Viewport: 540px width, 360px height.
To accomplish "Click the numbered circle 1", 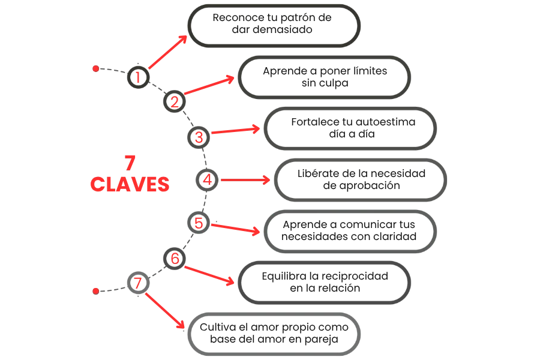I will pos(138,77).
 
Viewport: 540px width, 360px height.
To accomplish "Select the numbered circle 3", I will pos(199,137).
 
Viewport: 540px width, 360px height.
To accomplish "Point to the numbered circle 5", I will pos(199,223).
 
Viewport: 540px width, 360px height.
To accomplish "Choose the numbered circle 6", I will pos(175,259).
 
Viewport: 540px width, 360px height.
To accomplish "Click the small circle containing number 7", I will pos(138,283).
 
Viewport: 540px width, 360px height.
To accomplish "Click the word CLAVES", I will pos(130,184).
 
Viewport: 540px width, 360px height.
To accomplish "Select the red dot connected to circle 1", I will pos(95,69).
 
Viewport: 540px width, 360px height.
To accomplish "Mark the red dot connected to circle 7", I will pos(95,291).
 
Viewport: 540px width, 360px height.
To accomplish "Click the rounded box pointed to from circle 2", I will pos(325,76).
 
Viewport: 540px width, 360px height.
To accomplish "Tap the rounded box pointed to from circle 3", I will pos(350,128).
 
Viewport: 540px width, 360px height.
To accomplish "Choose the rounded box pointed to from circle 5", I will pos(350,231).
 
